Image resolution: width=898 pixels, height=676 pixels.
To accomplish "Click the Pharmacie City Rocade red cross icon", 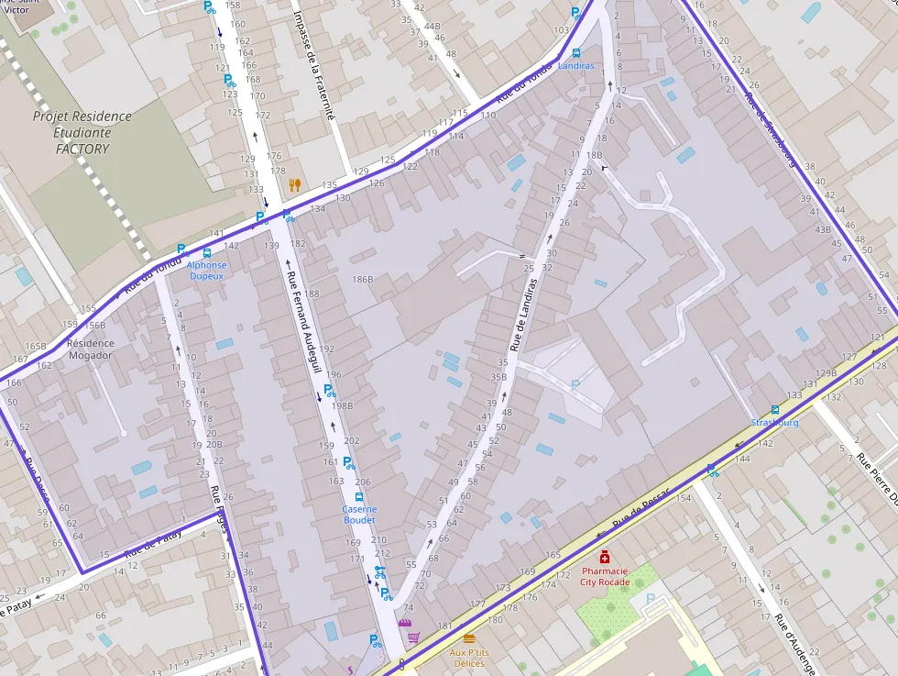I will [605, 557].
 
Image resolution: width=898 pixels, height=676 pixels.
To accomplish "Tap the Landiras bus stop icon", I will [575, 53].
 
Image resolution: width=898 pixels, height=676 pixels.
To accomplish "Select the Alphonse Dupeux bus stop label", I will [207, 271].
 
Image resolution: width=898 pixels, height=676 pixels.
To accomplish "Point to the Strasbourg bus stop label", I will [774, 423].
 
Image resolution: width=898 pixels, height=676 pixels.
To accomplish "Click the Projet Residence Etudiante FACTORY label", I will [82, 132].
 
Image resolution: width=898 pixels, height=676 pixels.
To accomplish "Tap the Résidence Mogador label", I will [91, 349].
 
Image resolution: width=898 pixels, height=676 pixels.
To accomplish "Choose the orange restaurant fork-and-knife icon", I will [294, 184].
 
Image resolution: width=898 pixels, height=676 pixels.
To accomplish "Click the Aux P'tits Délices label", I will [469, 658].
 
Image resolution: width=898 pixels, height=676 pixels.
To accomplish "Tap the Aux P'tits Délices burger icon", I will [469, 638].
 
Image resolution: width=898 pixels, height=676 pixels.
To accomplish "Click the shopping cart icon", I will [413, 637].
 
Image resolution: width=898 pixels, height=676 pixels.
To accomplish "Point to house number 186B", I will [363, 279].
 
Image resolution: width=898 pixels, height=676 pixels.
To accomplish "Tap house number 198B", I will [343, 405].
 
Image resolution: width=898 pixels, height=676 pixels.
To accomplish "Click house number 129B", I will [827, 373].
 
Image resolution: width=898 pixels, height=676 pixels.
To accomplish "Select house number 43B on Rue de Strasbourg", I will [822, 229].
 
